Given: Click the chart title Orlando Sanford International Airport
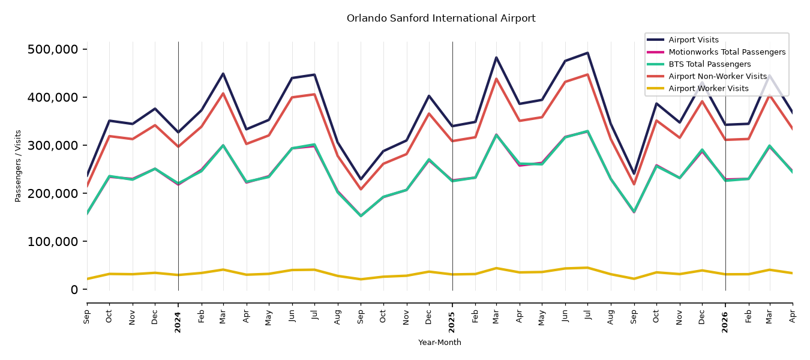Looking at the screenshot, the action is [441, 18].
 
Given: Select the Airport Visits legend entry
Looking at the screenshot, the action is [693, 40].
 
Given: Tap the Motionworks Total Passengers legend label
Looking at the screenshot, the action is [727, 52].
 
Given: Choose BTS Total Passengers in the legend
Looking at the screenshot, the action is [709, 64].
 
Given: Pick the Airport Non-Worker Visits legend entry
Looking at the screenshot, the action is [718, 76].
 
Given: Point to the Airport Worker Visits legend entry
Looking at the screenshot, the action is [709, 89].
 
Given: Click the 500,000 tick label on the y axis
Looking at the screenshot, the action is [53, 50].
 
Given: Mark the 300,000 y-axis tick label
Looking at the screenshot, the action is [53, 145].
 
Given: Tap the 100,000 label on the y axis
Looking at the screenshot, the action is [53, 241].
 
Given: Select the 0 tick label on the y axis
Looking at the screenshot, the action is [74, 290].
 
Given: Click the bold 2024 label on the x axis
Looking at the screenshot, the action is [178, 322].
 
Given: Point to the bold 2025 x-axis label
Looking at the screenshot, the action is [452, 322].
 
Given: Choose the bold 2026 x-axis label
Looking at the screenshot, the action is [725, 322].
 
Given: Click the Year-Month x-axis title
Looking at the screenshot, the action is [440, 342].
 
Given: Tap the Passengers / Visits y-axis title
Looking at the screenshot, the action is [18, 166].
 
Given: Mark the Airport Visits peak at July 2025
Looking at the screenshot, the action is [587, 53].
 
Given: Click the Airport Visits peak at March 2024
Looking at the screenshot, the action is [223, 74].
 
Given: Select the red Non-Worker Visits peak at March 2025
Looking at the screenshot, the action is [496, 79].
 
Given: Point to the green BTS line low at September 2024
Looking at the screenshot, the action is [361, 216].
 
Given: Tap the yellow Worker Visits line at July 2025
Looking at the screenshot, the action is [587, 268].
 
